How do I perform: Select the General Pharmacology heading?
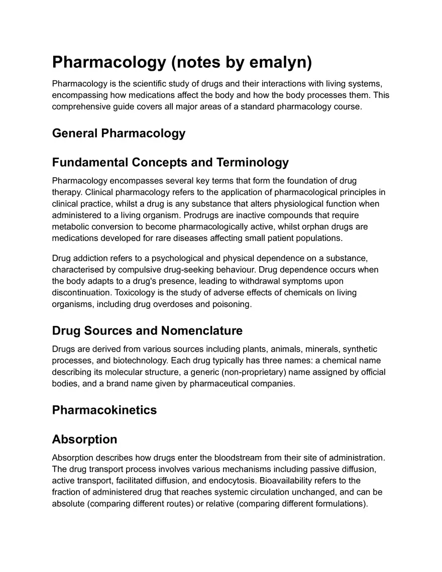(119, 133)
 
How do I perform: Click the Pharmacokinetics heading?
(104, 410)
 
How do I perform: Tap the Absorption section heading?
(84, 439)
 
